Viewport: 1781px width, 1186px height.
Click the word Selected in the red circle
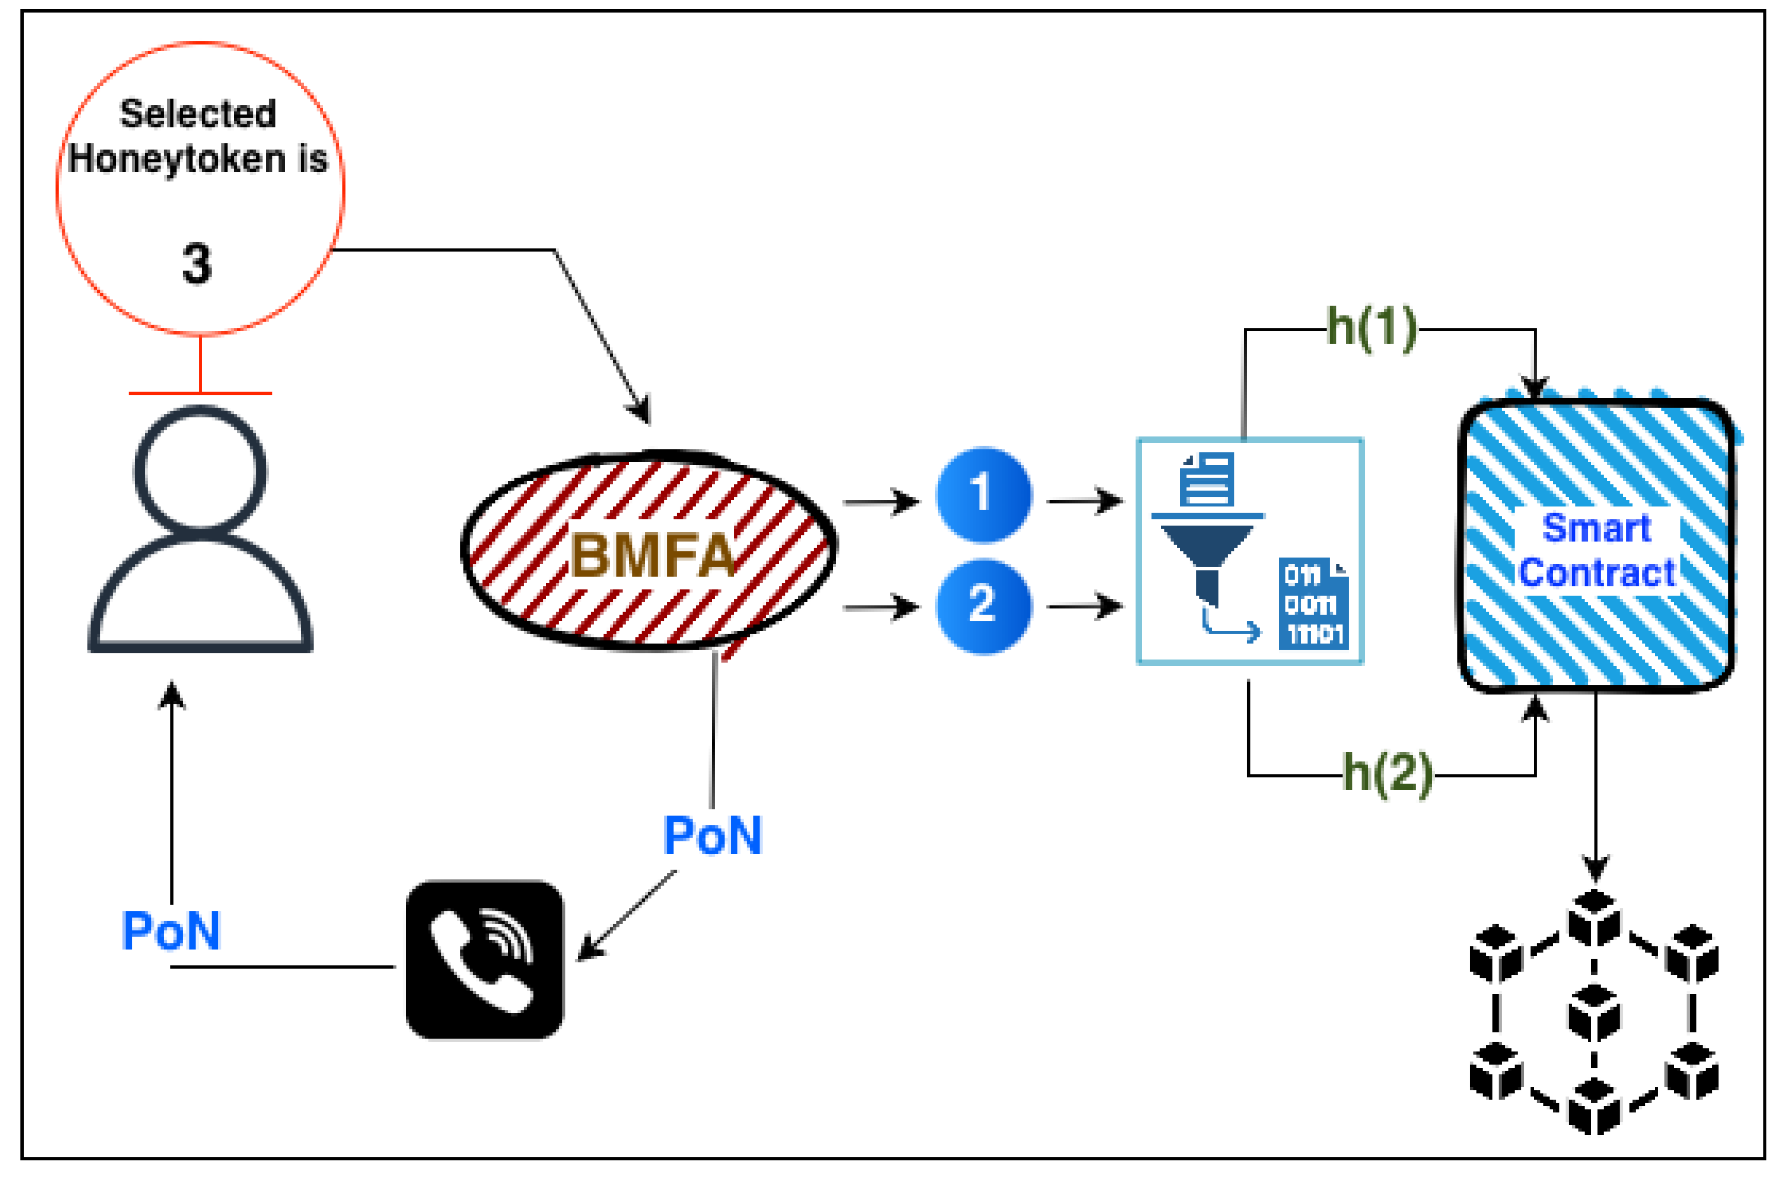point(198,114)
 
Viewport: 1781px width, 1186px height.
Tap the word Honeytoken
point(176,159)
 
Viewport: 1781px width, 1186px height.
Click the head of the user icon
point(200,469)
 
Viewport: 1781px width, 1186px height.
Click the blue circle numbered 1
point(983,495)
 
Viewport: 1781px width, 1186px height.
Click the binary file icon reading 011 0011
point(1314,603)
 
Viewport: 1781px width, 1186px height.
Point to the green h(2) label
point(1387,773)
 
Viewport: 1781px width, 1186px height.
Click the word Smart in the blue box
point(1596,527)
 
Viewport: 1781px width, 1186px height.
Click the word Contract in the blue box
point(1596,572)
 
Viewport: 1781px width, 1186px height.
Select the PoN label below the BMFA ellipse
point(712,836)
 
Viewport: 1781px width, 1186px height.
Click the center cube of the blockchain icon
point(1594,1012)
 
